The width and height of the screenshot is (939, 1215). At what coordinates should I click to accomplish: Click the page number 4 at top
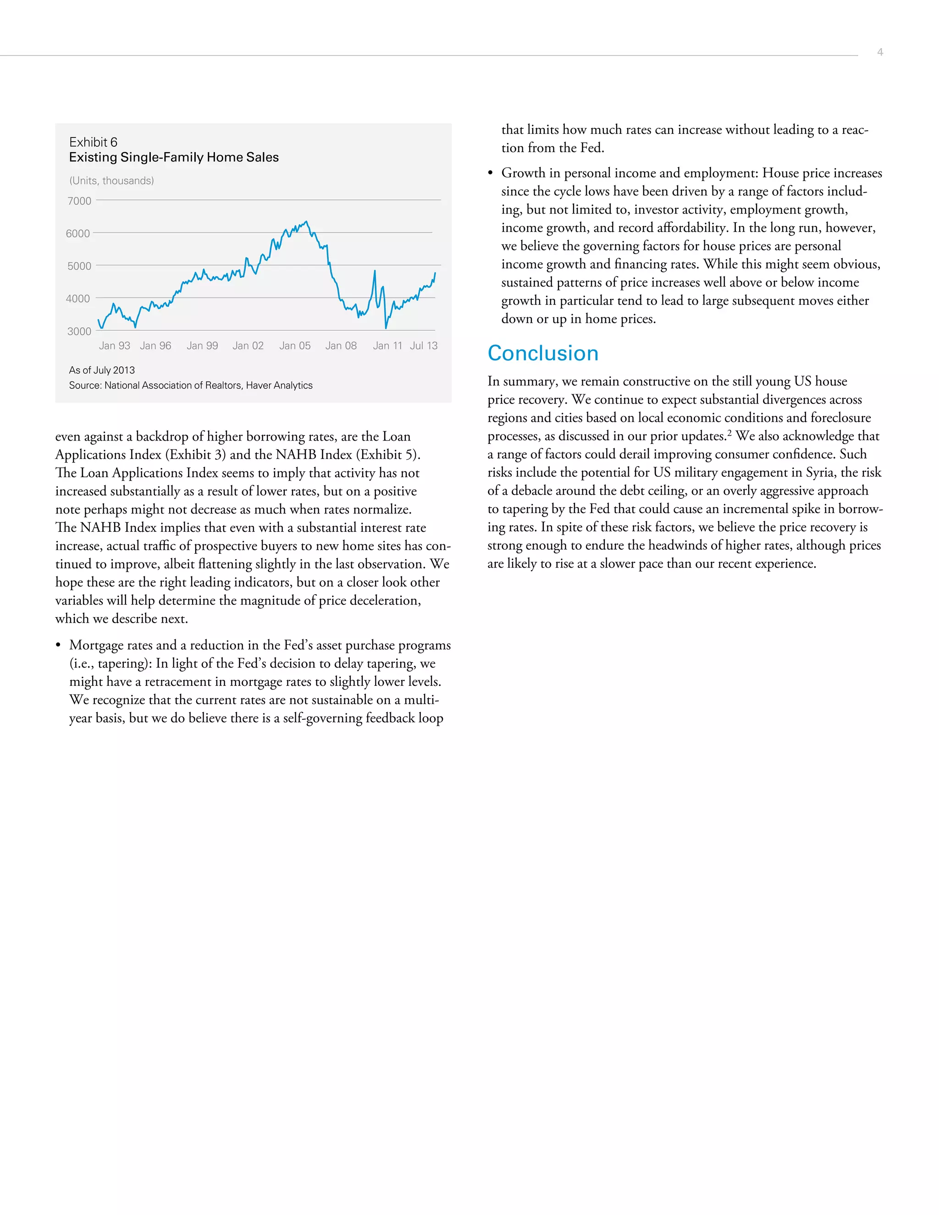pyautogui.click(x=879, y=52)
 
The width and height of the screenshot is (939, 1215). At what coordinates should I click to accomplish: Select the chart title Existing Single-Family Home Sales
pyautogui.click(x=174, y=157)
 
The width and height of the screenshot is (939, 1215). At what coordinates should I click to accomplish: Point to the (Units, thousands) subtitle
pyautogui.click(x=111, y=181)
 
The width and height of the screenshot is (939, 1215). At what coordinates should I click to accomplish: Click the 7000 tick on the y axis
pyautogui.click(x=79, y=201)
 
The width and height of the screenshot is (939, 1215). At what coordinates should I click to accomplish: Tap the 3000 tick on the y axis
pyautogui.click(x=79, y=331)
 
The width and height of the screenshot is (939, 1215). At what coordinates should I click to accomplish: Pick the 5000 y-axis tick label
pyautogui.click(x=79, y=266)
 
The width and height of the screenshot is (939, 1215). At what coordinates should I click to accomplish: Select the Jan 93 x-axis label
pyautogui.click(x=115, y=346)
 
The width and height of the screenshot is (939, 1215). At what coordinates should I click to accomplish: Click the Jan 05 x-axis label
pyautogui.click(x=295, y=346)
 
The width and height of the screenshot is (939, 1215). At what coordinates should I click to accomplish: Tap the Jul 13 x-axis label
pyautogui.click(x=424, y=346)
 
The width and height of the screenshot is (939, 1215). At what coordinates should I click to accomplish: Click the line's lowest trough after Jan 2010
pyautogui.click(x=386, y=328)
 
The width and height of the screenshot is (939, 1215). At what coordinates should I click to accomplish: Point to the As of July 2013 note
pyautogui.click(x=102, y=370)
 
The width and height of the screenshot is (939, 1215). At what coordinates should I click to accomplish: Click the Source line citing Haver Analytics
pyautogui.click(x=190, y=386)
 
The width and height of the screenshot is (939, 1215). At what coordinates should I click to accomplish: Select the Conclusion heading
pyautogui.click(x=542, y=353)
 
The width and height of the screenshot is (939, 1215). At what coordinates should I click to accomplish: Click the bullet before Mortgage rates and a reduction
pyautogui.click(x=58, y=646)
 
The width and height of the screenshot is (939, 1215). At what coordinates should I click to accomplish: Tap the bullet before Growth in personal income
pyautogui.click(x=490, y=174)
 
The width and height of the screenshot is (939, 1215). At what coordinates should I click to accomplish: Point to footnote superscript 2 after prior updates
pyautogui.click(x=729, y=433)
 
